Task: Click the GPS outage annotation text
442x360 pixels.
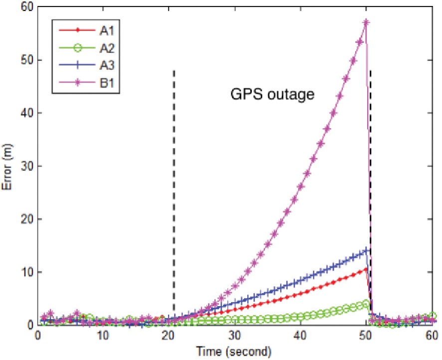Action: [x=272, y=94]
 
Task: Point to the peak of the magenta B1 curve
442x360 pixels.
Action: [x=366, y=22]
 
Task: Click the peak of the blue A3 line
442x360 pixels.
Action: [x=366, y=250]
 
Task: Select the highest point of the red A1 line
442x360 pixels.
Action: [x=366, y=269]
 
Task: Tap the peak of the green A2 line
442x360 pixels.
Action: [x=366, y=304]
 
